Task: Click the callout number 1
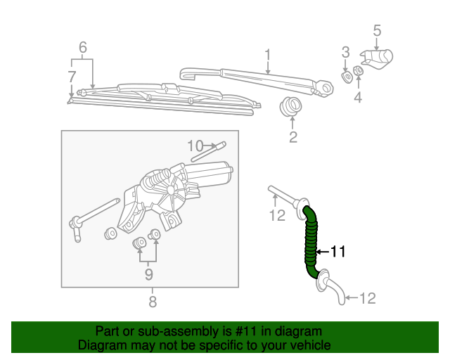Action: tap(268, 54)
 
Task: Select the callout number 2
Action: tap(293, 137)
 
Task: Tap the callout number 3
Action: tap(345, 51)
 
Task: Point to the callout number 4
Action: tap(358, 98)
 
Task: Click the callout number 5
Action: tap(377, 30)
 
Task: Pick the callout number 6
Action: tap(83, 48)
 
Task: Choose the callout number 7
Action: tap(72, 76)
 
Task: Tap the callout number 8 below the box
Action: tap(152, 302)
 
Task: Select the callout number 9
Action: tap(149, 274)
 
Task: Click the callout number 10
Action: tap(195, 146)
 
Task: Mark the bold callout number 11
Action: tap(337, 251)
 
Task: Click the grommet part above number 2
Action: tap(290, 108)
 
